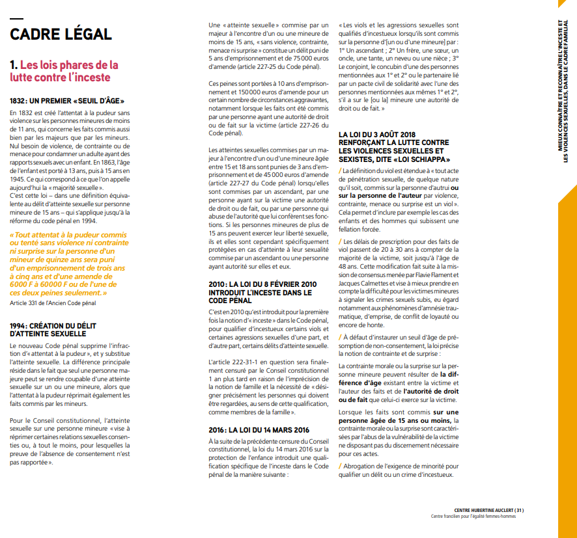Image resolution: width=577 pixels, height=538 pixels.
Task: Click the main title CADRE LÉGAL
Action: click(x=61, y=34)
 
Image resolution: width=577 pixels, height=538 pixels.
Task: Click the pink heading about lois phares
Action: click(x=64, y=71)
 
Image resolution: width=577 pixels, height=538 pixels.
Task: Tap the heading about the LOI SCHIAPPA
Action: click(x=394, y=147)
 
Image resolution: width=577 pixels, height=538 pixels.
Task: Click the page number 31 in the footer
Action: click(x=518, y=510)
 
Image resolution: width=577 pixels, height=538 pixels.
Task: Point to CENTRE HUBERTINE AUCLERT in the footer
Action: click(x=483, y=510)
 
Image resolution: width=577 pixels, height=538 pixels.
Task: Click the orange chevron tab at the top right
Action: click(x=567, y=9)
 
